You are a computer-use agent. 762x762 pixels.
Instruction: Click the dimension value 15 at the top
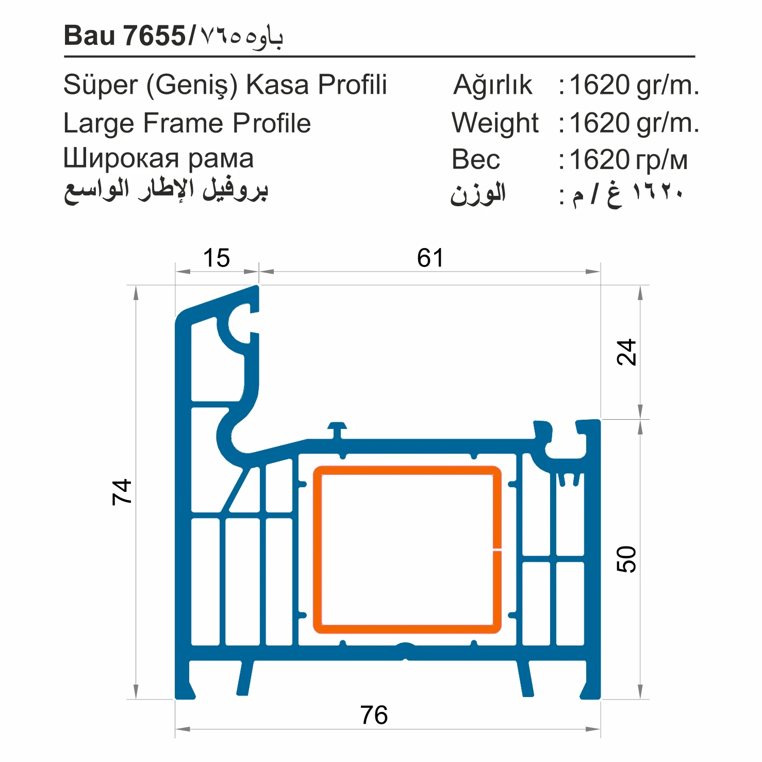click(x=217, y=258)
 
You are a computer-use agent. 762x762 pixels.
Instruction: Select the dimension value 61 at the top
click(x=430, y=258)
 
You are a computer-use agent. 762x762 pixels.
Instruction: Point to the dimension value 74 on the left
click(x=123, y=491)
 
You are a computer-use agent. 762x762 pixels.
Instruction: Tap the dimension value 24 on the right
click(x=626, y=353)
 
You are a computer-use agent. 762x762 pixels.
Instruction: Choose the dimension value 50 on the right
click(x=626, y=559)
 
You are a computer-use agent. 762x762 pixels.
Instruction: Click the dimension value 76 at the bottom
click(x=374, y=715)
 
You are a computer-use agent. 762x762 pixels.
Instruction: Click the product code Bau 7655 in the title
click(x=124, y=36)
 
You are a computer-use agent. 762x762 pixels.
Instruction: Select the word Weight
click(x=495, y=123)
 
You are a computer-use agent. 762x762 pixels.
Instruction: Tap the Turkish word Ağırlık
click(x=492, y=85)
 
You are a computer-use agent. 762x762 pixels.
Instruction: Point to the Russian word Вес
click(x=476, y=159)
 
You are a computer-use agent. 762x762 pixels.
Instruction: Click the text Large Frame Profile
click(x=187, y=123)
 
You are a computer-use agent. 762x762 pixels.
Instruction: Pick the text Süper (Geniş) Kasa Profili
click(x=225, y=85)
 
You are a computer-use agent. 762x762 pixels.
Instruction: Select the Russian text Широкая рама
click(x=158, y=159)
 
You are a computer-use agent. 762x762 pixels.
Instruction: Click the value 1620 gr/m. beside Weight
click(x=634, y=123)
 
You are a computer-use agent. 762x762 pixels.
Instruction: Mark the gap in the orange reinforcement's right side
click(x=497, y=550)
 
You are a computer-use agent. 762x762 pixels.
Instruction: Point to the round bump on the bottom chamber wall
click(x=406, y=645)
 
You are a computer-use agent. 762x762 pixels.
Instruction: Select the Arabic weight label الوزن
click(x=477, y=194)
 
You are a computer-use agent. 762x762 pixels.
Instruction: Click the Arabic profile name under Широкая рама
click(x=165, y=191)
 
